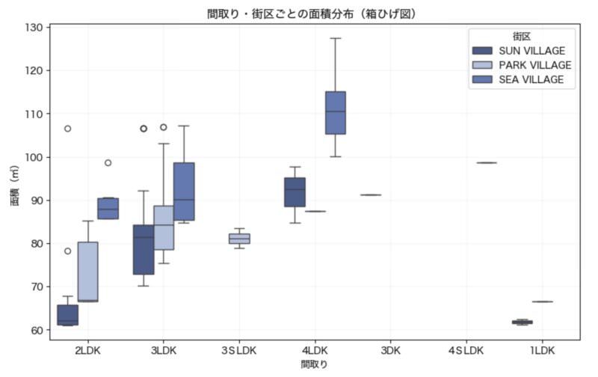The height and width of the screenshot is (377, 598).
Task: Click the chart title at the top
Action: [312, 14]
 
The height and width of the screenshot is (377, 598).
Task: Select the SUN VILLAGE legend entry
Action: [531, 51]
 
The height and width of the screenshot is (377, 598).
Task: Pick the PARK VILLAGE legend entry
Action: [534, 65]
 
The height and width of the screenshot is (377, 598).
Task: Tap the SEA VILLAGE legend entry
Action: [531, 79]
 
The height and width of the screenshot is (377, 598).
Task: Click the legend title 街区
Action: [521, 36]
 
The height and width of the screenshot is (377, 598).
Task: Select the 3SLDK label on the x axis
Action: [239, 350]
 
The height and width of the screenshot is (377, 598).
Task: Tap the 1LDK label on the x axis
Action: [541, 350]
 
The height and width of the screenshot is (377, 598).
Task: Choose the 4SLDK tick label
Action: [466, 350]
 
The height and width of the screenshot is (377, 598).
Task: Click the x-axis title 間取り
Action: [314, 364]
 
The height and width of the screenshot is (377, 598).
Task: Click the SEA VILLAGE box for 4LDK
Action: [336, 112]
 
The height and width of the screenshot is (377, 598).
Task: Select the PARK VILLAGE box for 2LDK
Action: [87, 271]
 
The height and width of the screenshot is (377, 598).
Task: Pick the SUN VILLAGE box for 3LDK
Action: [144, 249]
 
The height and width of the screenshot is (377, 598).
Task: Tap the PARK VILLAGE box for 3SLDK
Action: [239, 239]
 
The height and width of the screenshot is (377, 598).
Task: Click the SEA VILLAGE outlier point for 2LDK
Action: [108, 162]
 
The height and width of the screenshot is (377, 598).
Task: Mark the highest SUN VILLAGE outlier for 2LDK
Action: [67, 129]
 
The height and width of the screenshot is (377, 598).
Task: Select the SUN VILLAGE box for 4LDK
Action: [295, 192]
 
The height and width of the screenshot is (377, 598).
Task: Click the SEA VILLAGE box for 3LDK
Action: [184, 191]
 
